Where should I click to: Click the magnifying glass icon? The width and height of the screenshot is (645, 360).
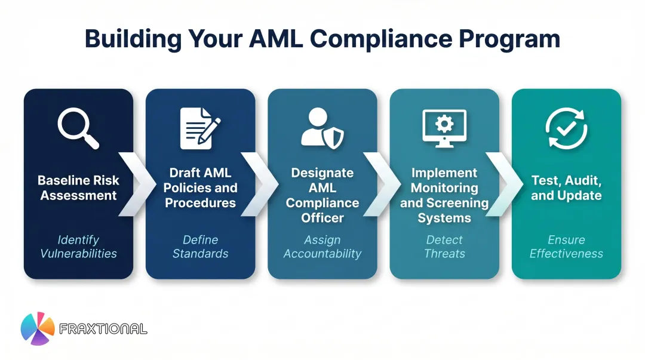(78, 128)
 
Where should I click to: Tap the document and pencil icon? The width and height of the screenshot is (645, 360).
(200, 128)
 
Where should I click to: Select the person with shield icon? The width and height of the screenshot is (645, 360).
(322, 128)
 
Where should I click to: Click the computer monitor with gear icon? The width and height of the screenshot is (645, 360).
(444, 128)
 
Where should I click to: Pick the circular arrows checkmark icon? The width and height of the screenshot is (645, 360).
(566, 128)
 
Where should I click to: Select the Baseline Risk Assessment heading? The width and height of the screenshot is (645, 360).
(78, 187)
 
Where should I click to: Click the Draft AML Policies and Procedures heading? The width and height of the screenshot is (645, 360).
(200, 187)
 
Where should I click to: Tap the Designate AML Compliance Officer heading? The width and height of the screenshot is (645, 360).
(322, 195)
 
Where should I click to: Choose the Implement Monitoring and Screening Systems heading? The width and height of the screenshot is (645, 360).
(444, 195)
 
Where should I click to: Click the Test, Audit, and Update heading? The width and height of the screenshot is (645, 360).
(566, 187)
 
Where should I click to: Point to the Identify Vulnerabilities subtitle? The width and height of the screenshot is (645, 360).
(78, 247)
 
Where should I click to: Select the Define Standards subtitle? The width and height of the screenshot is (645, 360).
(200, 247)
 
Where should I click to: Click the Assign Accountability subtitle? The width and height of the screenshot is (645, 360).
(322, 247)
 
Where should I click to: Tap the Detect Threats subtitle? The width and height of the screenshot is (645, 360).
(444, 247)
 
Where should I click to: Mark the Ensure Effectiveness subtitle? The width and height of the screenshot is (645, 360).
(566, 247)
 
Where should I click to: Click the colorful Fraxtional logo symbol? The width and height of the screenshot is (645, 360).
(38, 328)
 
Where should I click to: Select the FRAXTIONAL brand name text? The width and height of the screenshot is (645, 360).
(103, 329)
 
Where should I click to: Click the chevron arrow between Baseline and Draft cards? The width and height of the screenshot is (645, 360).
(134, 184)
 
